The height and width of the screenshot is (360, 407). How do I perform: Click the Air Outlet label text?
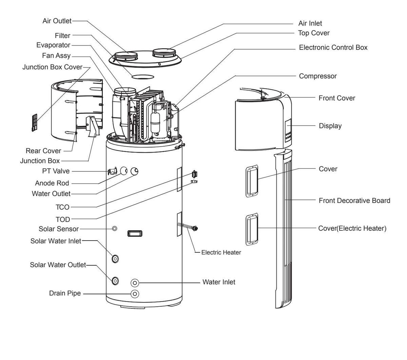[x=57, y=21]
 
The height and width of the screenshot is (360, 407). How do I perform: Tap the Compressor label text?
[x=318, y=76]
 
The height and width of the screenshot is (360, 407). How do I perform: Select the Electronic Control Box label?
[x=333, y=48]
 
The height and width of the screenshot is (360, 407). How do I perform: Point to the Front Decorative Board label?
[x=354, y=201]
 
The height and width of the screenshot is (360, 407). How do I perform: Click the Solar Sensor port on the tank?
[x=115, y=229]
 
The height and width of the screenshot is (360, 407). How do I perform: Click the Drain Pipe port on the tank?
[x=135, y=293]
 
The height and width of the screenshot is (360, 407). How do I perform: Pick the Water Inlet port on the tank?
[x=135, y=283]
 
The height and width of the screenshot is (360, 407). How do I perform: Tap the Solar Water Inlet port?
[x=115, y=259]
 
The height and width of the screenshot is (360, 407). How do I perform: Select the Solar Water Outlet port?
[x=115, y=281]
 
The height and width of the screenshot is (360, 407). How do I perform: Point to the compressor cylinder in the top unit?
[x=156, y=122]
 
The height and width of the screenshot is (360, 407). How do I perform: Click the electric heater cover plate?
[x=252, y=229]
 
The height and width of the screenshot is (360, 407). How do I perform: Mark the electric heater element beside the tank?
[x=194, y=229]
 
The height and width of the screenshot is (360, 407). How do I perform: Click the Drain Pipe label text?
[x=65, y=293]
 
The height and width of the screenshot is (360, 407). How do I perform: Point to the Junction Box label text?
[x=40, y=161]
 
